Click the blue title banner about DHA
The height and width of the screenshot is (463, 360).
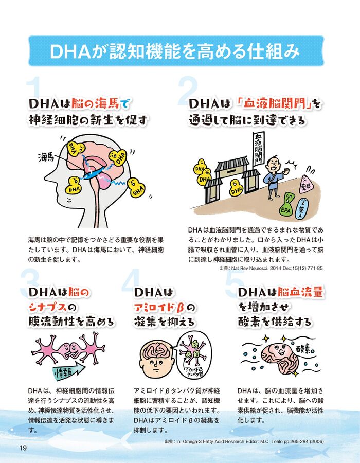[176, 51]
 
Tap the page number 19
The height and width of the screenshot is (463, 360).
[23, 448]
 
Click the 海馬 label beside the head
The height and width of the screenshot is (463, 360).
[46, 157]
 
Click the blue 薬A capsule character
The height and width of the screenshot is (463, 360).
[302, 209]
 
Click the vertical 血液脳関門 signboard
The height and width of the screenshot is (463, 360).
[259, 149]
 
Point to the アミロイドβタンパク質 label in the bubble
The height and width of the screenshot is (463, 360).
[193, 372]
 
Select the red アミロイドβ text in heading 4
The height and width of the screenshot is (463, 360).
[159, 308]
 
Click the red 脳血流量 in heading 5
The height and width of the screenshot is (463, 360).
[300, 292]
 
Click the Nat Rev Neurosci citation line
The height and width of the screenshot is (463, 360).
[272, 269]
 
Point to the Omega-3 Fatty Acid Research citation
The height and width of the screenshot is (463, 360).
[244, 442]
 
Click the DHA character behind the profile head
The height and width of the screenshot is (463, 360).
[136, 187]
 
